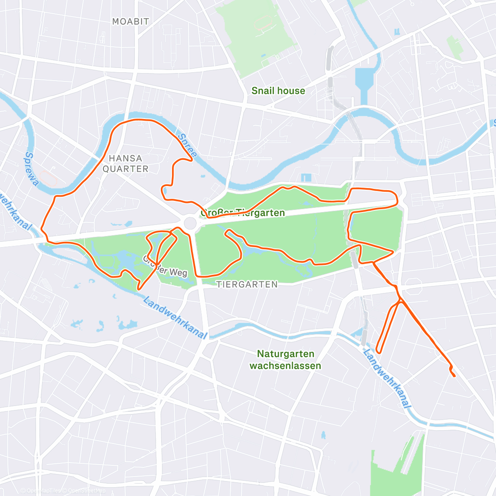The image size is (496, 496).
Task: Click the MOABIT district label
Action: [131, 21]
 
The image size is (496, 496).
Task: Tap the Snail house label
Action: [278, 91]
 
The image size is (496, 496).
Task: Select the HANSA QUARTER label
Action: [125, 163]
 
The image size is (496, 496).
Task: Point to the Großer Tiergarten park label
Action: [243, 213]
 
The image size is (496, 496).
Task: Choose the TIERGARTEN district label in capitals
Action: [247, 284]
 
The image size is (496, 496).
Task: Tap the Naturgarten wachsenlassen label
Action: [285, 360]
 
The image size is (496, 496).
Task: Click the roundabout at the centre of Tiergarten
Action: [190, 223]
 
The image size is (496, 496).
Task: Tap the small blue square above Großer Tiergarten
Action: [306, 178]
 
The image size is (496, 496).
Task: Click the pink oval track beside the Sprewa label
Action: [49, 179]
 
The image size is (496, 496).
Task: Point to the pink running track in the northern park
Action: [264, 23]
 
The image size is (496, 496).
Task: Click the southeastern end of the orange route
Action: [455, 376]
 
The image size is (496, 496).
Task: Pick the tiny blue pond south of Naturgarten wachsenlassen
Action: [323, 435]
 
